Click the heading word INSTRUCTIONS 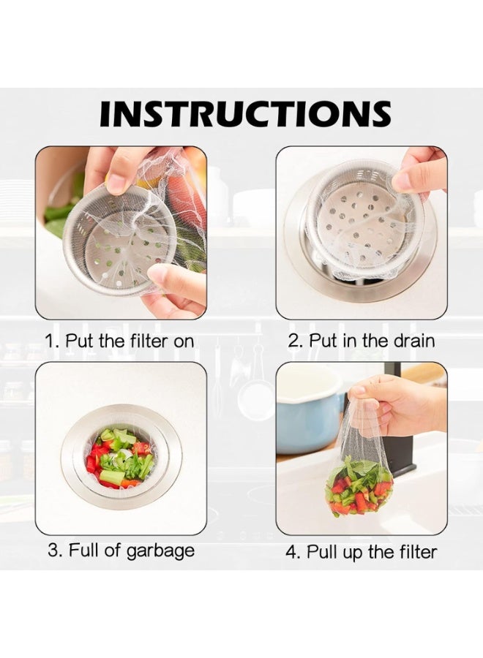click(x=245, y=114)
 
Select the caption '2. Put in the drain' click(x=362, y=341)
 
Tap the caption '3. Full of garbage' click(x=121, y=550)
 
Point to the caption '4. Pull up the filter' click(x=362, y=551)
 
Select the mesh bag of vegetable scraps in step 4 click(x=359, y=483)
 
